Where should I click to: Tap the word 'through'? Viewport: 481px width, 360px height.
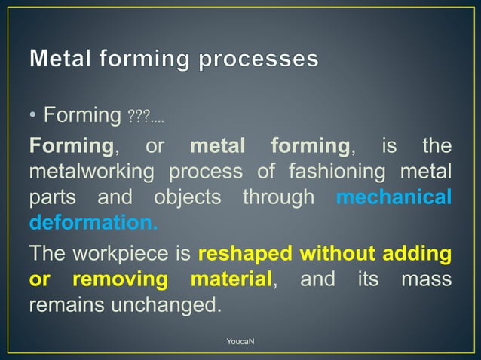tap(277, 198)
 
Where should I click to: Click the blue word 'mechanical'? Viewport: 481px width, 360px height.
tap(394, 197)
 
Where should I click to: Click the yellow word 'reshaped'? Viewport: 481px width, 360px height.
tap(244, 253)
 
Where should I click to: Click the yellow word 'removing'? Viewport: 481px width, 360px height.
tap(120, 280)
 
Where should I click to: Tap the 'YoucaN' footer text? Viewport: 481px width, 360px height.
tap(240, 343)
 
